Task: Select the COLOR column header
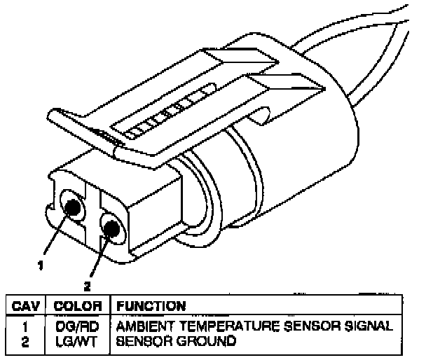tap(78, 306)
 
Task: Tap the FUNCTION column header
tap(151, 306)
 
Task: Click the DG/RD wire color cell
tap(78, 327)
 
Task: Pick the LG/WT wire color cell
tap(78, 341)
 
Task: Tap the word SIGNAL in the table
tap(371, 327)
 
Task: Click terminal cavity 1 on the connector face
tap(71, 207)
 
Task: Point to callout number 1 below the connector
tap(41, 265)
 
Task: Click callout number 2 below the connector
tap(86, 286)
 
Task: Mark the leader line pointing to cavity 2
tap(97, 256)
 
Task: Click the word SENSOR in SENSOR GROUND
tap(139, 341)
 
